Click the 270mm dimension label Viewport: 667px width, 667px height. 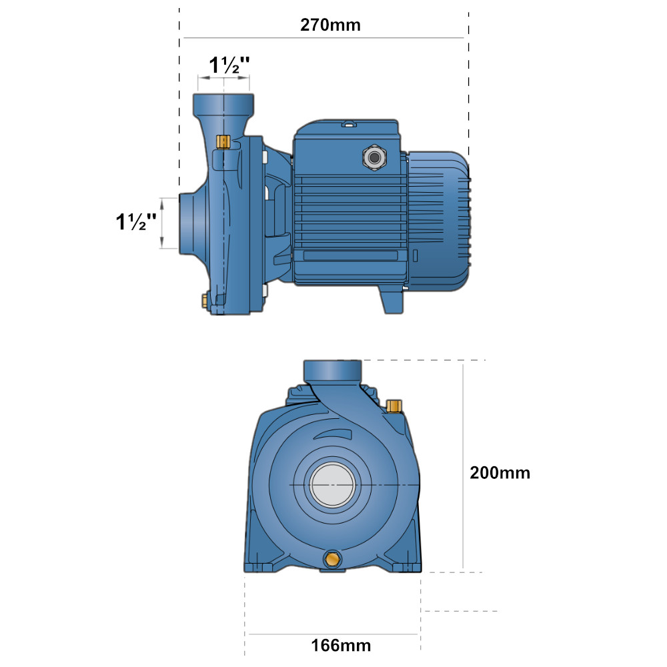click(x=330, y=25)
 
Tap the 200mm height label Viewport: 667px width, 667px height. click(x=500, y=473)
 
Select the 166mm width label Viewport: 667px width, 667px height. click(x=341, y=645)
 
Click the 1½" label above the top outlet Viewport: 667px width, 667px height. click(x=229, y=65)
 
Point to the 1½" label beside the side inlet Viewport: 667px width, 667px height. click(x=136, y=221)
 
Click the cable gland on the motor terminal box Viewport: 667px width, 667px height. click(x=374, y=158)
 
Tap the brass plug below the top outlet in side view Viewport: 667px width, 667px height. click(x=223, y=142)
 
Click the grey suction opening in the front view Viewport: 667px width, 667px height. click(x=332, y=484)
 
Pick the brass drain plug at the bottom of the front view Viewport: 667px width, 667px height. click(x=332, y=559)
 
